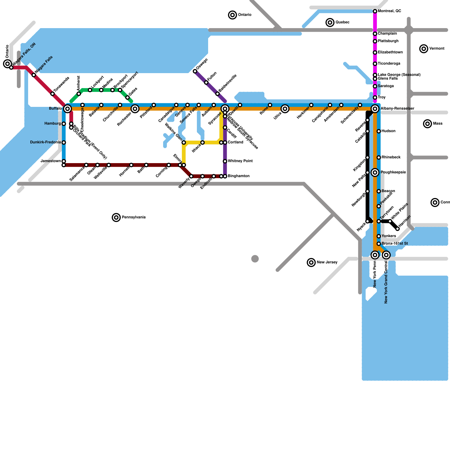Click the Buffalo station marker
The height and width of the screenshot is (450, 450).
pyautogui.click(x=67, y=109)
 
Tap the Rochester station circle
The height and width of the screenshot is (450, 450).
pyautogui.click(x=135, y=109)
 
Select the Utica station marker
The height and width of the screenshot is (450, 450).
pyautogui.click(x=285, y=109)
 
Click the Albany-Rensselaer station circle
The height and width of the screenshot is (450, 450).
pyautogui.click(x=375, y=109)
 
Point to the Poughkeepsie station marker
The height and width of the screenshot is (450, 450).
pyautogui.click(x=375, y=172)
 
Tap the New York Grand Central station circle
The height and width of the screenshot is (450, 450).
pyautogui.click(x=386, y=255)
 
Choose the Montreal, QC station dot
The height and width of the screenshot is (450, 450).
pyautogui.click(x=375, y=11)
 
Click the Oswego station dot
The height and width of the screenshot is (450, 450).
pyautogui.click(x=195, y=71)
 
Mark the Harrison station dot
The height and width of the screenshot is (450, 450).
pyautogui.click(x=397, y=229)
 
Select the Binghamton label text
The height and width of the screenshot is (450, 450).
pyautogui.click(x=238, y=176)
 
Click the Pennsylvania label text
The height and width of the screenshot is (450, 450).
pyautogui.click(x=134, y=217)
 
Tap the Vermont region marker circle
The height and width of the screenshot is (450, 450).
pyautogui.click(x=424, y=49)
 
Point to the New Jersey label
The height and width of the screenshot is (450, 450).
pyautogui.click(x=327, y=262)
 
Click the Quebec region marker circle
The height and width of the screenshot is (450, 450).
pyautogui.click(x=330, y=22)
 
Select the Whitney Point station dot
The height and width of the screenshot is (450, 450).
pyautogui.click(x=225, y=161)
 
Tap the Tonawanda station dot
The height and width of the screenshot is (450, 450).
pyautogui.click(x=53, y=94)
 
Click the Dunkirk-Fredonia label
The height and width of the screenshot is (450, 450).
pyautogui.click(x=45, y=142)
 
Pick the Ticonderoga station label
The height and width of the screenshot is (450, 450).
pyautogui.click(x=389, y=64)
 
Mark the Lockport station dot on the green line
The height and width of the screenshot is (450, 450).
pyautogui.click(x=90, y=90)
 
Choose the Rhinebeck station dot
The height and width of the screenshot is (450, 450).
pyautogui.click(x=379, y=157)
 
